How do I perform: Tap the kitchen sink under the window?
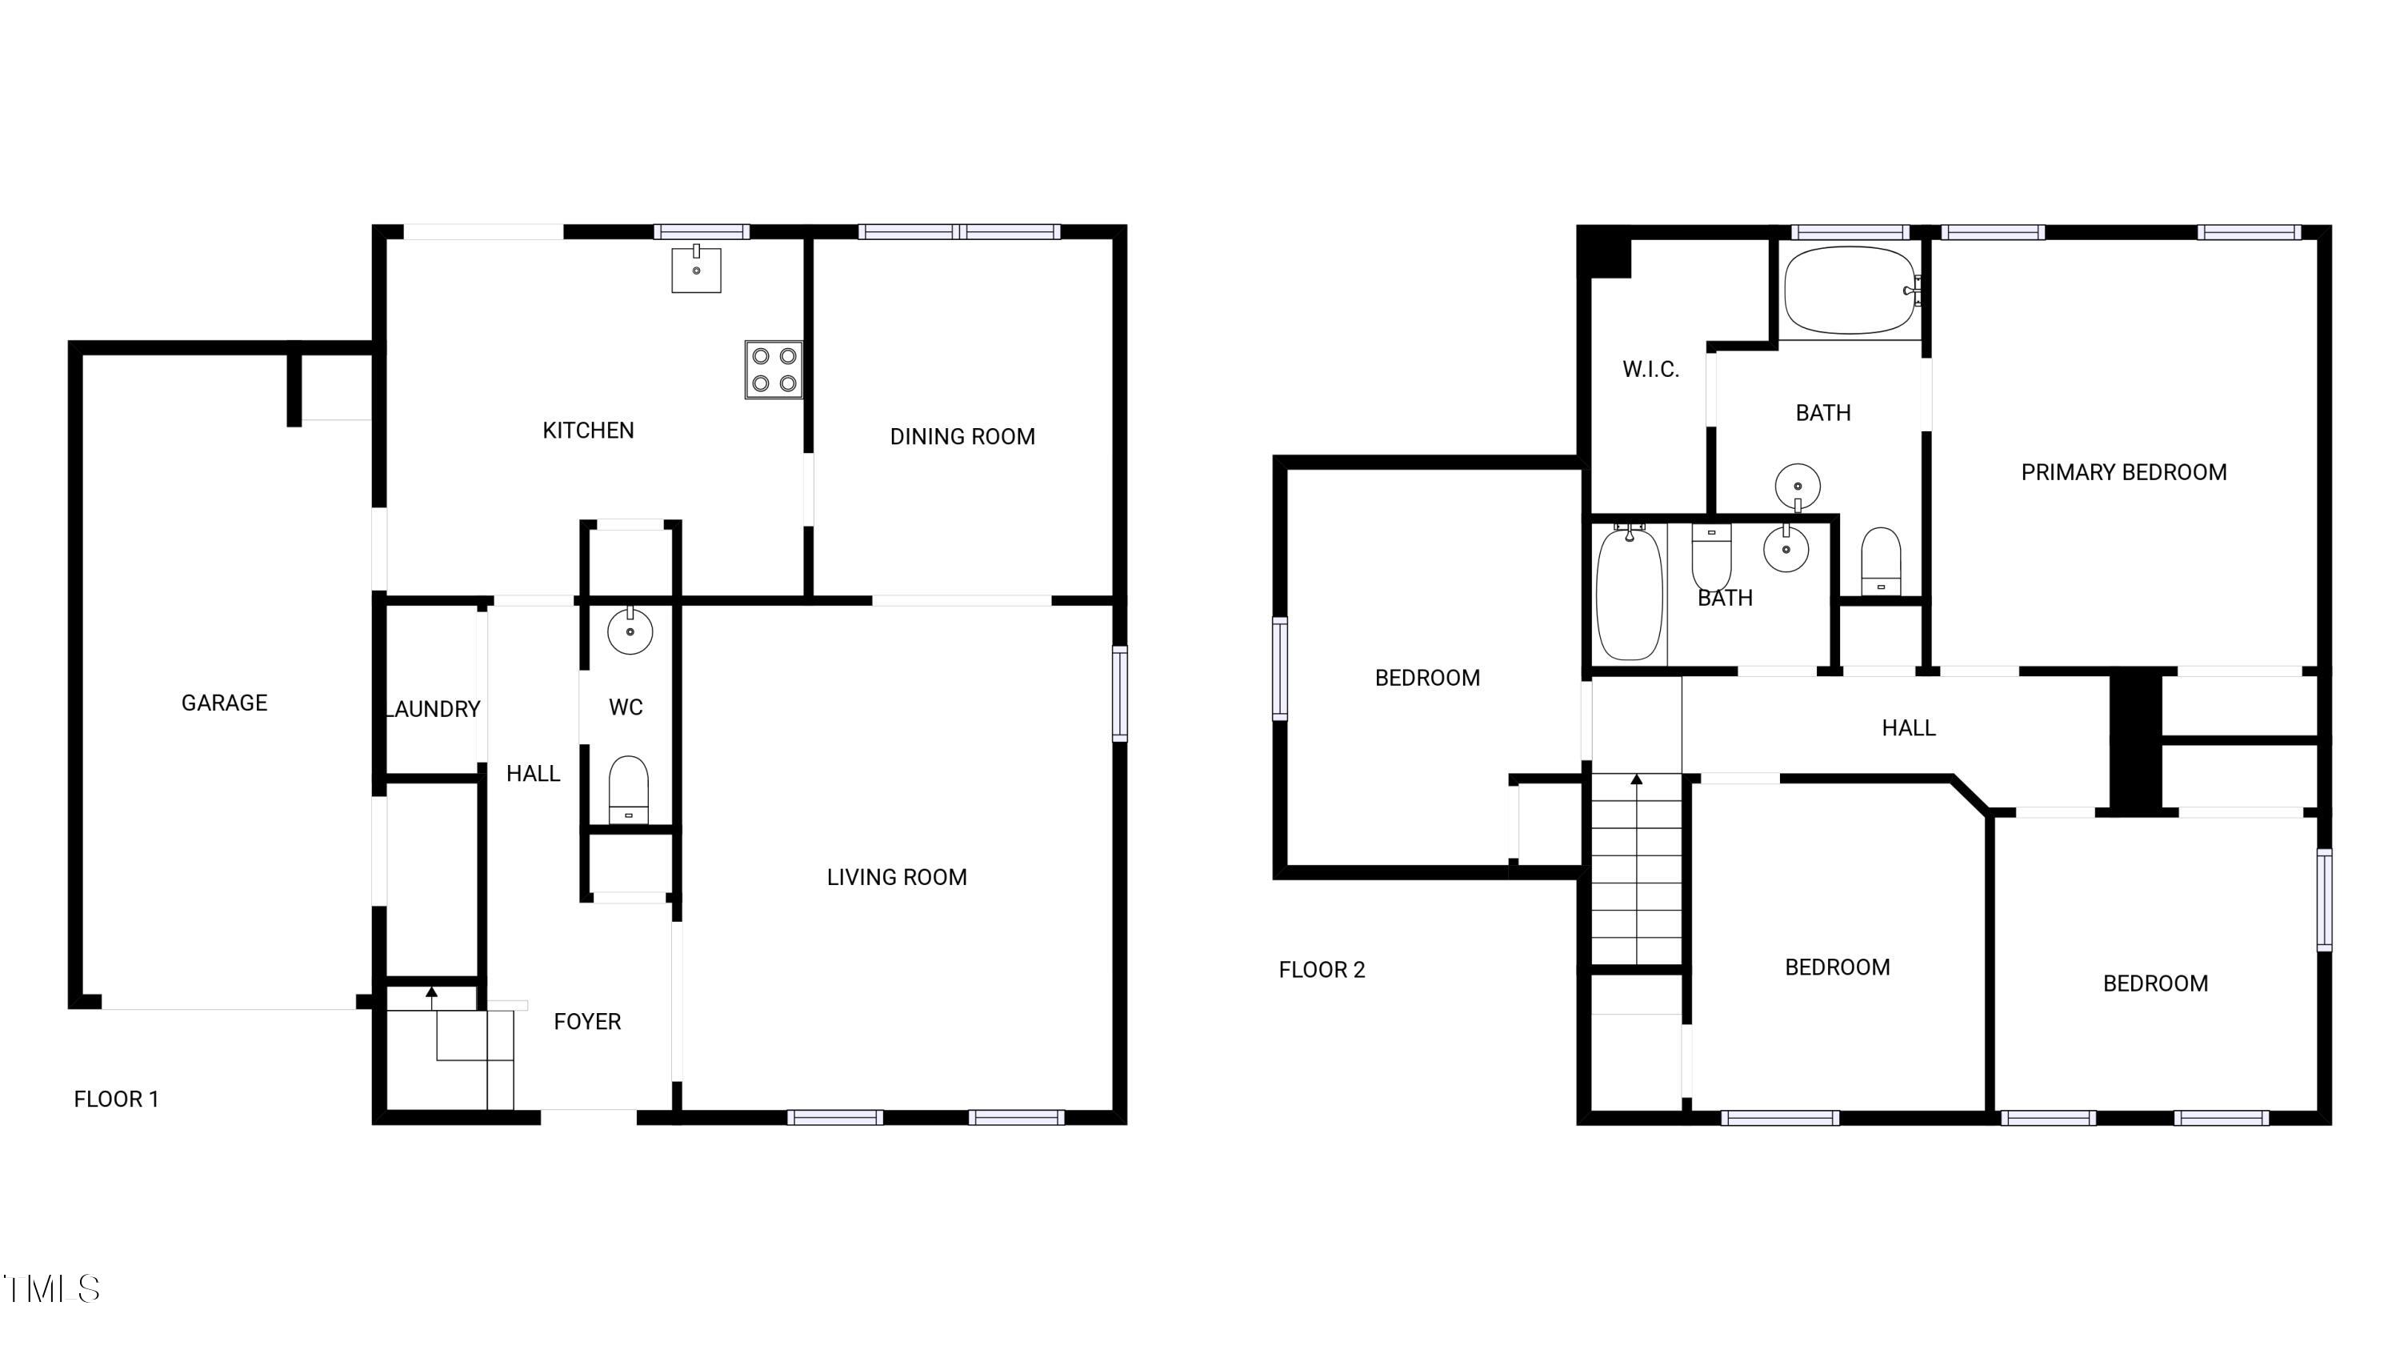(696, 269)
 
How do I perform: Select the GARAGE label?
(224, 703)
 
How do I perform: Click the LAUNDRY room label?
(434, 709)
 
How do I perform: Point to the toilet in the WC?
(628, 789)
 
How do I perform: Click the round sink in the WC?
(630, 631)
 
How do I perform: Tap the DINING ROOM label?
(962, 436)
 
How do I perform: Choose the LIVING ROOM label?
(896, 877)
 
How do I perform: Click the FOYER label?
(587, 1021)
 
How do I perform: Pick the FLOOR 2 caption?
(1321, 970)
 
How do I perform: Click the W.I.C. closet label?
(1650, 369)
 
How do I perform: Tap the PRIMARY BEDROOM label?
(2123, 472)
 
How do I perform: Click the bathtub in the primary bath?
(1850, 290)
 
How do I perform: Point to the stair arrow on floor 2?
(1637, 779)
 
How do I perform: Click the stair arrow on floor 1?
(431, 993)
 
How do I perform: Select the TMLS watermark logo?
(52, 1288)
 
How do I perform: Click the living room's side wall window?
(1120, 693)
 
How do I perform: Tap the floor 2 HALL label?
(1908, 727)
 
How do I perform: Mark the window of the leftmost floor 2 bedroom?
(1280, 668)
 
